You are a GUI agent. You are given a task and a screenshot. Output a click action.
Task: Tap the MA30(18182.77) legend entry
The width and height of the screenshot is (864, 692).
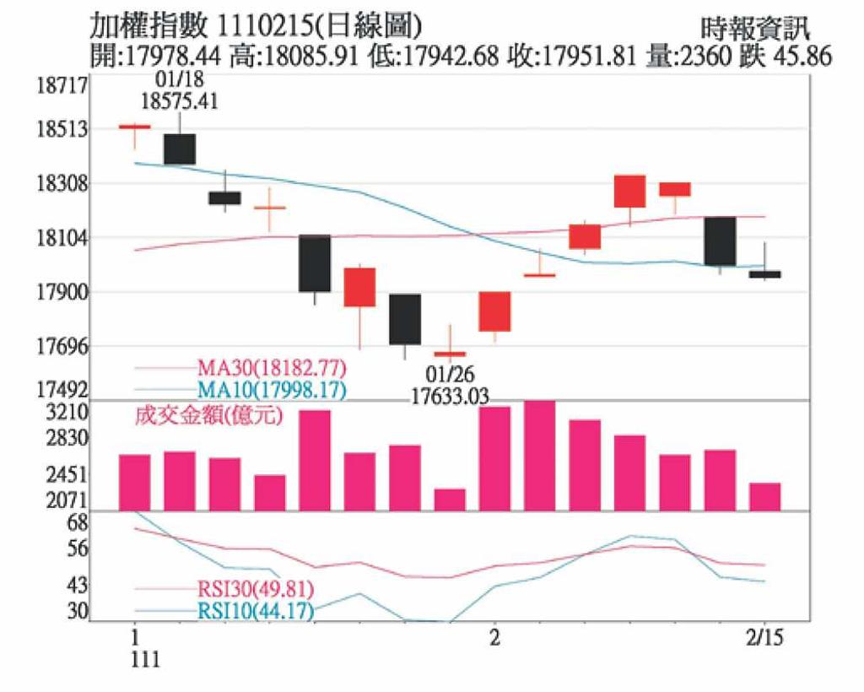pos(272,369)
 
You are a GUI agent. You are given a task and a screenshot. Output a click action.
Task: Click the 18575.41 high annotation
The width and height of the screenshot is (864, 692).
pos(179,101)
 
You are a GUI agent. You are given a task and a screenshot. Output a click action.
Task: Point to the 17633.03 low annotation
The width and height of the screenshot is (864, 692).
pos(450,395)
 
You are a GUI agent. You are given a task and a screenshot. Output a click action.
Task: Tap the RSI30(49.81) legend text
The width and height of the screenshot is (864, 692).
pos(256,589)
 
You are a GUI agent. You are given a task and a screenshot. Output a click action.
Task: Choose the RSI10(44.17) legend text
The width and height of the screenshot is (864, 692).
pos(256,610)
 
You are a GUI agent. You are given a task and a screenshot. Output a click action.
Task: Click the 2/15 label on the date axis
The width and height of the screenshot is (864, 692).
pos(765,638)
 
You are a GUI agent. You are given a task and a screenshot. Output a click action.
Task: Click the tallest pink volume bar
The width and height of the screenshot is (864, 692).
pos(540,455)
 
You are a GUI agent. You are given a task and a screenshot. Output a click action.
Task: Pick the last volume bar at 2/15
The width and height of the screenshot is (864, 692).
pos(765,496)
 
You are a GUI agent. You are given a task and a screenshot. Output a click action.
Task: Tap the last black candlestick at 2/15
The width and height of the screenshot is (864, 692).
pos(765,274)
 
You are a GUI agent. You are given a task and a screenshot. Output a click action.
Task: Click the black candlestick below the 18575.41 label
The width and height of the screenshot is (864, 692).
pos(179,149)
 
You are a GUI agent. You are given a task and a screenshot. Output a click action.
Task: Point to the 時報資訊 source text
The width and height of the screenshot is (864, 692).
pos(755,28)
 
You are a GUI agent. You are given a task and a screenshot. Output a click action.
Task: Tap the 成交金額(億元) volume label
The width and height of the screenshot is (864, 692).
pos(208,416)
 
